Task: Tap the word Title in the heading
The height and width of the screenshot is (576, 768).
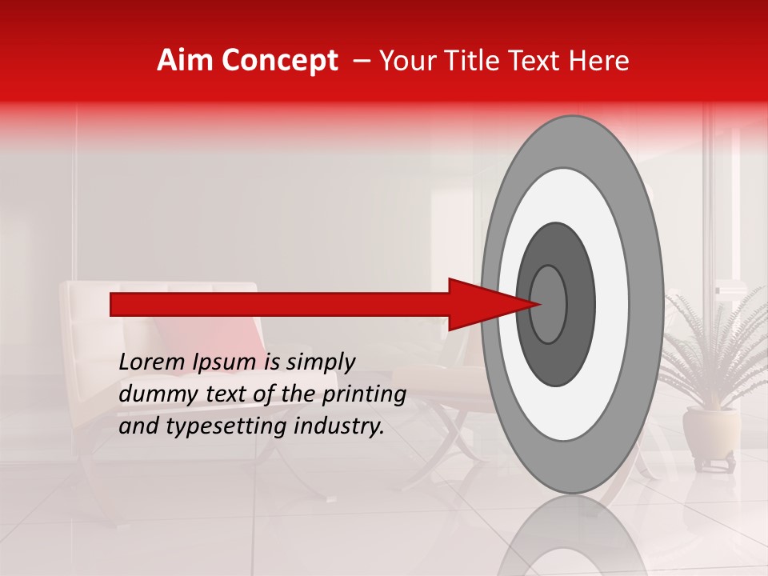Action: point(477,61)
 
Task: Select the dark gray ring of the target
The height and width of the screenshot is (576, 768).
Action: point(581,304)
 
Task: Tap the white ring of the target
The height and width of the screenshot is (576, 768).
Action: point(611,304)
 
